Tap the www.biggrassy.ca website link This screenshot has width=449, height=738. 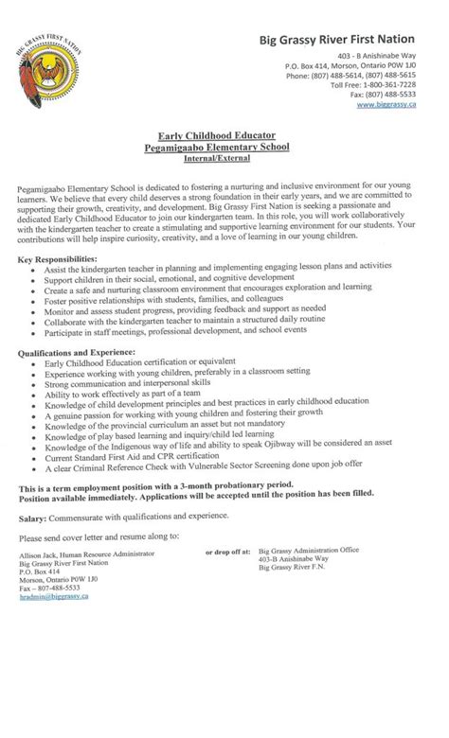click(x=387, y=105)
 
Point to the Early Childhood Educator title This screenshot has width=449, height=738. click(x=223, y=136)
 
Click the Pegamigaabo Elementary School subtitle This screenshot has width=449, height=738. click(x=223, y=148)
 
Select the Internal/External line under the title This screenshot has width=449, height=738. click(x=224, y=160)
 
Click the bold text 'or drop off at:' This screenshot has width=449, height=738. click(x=229, y=550)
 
